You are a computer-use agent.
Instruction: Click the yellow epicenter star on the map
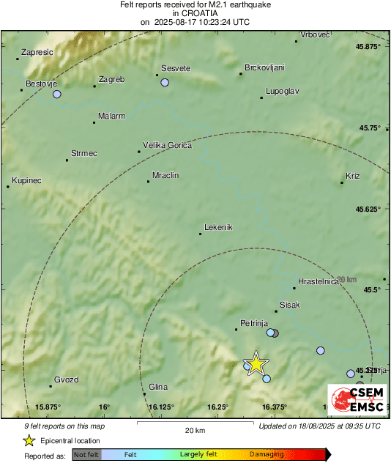[256, 363]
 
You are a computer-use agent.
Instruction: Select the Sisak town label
[290, 305]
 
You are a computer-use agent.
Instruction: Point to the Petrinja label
[255, 322]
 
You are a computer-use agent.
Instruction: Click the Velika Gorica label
[167, 145]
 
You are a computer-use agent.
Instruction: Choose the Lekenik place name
[218, 227]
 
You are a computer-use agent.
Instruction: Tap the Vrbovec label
[316, 34]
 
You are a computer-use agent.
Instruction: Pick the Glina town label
[158, 387]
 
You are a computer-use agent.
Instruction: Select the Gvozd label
[66, 379]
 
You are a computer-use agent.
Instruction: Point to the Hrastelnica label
[319, 281]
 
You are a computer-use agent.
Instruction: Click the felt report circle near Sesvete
[165, 83]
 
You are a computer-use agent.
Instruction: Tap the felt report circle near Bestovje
[56, 94]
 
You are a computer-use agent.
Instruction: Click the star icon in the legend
[29, 440]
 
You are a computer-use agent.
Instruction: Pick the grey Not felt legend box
[86, 454]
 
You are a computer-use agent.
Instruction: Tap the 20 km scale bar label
[194, 429]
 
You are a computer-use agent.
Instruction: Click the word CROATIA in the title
[195, 13]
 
